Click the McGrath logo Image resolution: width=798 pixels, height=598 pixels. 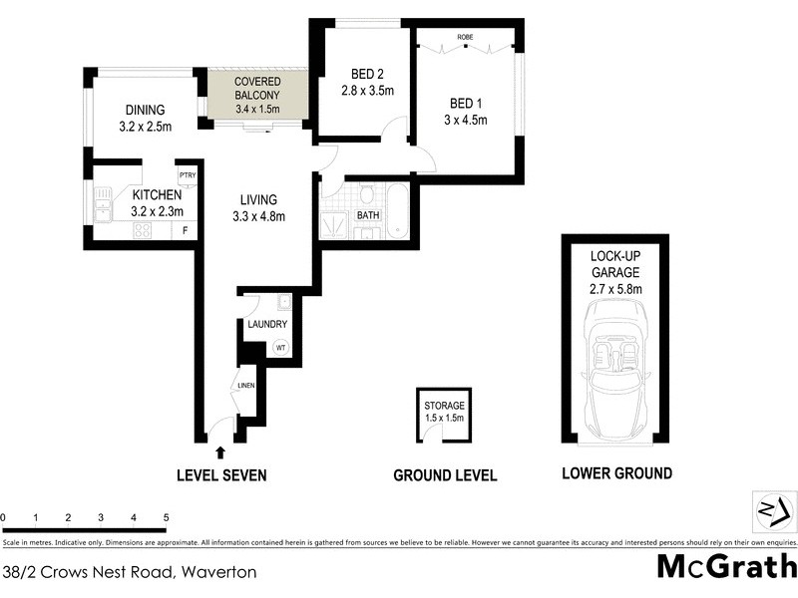tap(726, 567)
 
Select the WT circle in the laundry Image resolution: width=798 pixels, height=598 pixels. tap(281, 348)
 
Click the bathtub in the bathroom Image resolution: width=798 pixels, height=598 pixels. tap(397, 210)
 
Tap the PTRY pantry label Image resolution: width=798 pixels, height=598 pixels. tap(187, 175)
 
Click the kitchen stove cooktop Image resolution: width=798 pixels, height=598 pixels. tap(143, 230)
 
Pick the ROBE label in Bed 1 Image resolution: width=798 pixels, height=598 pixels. tap(465, 37)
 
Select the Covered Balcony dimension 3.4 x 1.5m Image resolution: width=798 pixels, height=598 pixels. tap(257, 109)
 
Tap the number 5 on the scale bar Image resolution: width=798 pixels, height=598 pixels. tap(166, 518)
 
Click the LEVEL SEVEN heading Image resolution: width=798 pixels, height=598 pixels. tap(221, 475)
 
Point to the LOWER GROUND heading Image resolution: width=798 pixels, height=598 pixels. tap(616, 473)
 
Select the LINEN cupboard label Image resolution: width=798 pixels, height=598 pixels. tap(245, 385)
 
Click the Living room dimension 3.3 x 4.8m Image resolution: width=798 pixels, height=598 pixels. tap(258, 216)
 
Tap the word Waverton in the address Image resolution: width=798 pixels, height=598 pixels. tap(219, 572)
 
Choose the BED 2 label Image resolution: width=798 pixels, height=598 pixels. tap(363, 74)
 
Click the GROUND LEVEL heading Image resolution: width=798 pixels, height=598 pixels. tap(445, 475)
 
